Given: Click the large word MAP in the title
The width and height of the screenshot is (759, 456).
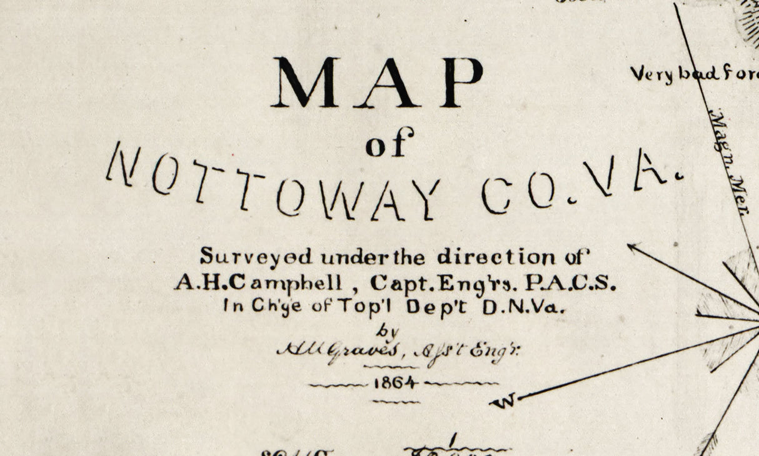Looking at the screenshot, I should point(377,82).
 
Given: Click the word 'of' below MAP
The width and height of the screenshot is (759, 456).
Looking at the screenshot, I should point(390,144).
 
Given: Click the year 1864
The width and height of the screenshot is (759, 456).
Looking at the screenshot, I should point(395,383).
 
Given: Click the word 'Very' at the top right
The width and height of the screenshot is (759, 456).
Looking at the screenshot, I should point(651,74).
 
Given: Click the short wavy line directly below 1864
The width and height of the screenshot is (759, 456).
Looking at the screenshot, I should point(396,402).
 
